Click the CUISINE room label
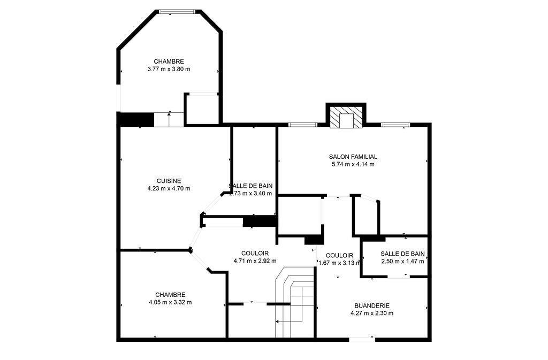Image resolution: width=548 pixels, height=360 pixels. [x=169, y=181]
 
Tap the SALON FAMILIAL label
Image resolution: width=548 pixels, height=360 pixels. [x=353, y=157]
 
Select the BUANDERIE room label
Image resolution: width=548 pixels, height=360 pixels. [x=371, y=305]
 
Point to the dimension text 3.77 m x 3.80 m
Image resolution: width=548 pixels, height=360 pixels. [x=169, y=69]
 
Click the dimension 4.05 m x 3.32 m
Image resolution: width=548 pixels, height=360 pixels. [x=170, y=302]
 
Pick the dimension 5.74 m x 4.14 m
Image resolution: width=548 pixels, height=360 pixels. [x=353, y=164]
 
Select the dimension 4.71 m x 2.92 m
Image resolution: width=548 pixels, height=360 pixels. [x=255, y=261]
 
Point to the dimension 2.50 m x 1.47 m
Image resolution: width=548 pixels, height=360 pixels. [x=402, y=262]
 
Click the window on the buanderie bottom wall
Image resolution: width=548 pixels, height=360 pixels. [x=362, y=339]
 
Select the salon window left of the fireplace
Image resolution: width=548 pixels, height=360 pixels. [x=302, y=125]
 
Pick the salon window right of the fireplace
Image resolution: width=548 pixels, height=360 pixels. [x=395, y=125]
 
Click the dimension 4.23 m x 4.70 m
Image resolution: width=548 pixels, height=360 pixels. [x=169, y=188]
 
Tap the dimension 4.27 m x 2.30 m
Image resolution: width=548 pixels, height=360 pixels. [x=371, y=313]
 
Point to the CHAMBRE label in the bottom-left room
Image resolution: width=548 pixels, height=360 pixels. [x=170, y=295]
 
